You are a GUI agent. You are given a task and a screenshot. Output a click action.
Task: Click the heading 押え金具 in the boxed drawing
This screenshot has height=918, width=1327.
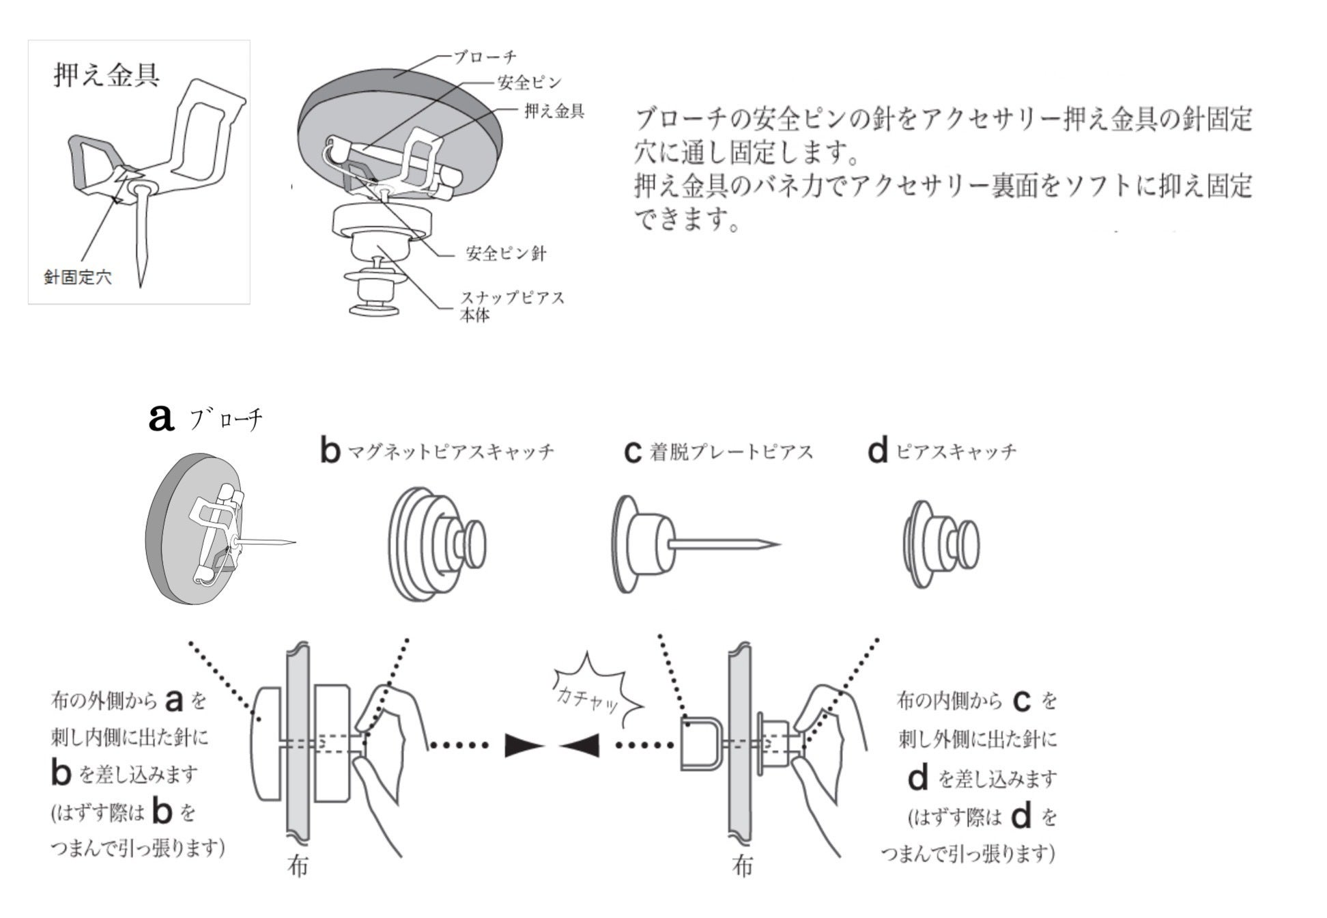(106, 75)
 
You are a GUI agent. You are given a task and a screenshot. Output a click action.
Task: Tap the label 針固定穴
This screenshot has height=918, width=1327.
(77, 278)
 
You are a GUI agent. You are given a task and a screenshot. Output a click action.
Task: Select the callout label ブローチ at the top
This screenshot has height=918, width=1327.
(485, 57)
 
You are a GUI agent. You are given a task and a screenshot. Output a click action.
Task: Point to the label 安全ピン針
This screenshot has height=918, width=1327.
(506, 254)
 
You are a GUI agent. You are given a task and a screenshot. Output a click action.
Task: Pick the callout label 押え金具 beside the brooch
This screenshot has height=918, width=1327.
(554, 111)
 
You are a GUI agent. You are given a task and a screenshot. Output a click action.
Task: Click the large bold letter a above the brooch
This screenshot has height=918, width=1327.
(161, 418)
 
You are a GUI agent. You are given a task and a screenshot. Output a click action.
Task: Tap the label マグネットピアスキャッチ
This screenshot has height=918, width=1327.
(451, 452)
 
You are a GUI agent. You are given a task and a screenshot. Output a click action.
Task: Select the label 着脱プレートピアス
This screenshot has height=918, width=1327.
(731, 452)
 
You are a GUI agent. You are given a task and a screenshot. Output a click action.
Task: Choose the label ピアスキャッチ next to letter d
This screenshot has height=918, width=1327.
(956, 451)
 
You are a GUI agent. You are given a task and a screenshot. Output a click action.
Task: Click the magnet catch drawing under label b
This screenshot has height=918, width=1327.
(437, 544)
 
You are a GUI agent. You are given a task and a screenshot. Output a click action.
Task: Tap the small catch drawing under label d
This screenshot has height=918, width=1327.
(941, 544)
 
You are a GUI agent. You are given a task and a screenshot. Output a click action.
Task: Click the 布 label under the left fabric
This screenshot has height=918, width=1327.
(298, 866)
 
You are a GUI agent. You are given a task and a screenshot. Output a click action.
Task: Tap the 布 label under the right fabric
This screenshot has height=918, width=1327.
(742, 866)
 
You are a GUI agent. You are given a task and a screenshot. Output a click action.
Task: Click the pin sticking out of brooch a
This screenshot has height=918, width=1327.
(270, 542)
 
